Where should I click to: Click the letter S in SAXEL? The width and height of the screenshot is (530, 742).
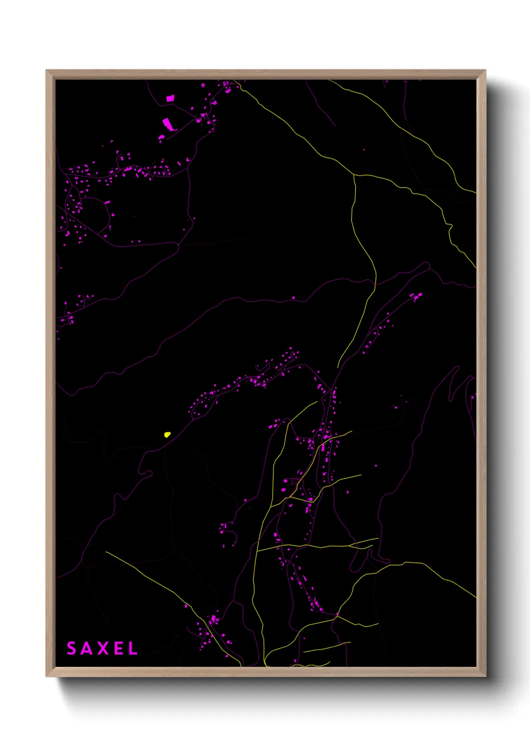click(x=71, y=648)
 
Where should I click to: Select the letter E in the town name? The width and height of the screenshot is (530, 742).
click(x=117, y=648)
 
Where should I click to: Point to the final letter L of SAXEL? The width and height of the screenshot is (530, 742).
click(x=133, y=648)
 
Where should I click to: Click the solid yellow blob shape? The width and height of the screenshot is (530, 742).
click(x=167, y=434)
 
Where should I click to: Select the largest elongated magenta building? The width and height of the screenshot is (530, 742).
click(x=167, y=123)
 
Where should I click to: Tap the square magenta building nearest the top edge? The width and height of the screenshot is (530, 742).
click(x=170, y=98)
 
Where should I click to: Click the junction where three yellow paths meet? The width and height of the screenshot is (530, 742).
click(x=354, y=175)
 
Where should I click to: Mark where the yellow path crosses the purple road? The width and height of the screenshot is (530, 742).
click(x=374, y=284)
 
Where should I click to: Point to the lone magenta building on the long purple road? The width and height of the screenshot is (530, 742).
click(x=294, y=298)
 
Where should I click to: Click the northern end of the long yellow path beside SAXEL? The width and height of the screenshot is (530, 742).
click(x=106, y=552)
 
